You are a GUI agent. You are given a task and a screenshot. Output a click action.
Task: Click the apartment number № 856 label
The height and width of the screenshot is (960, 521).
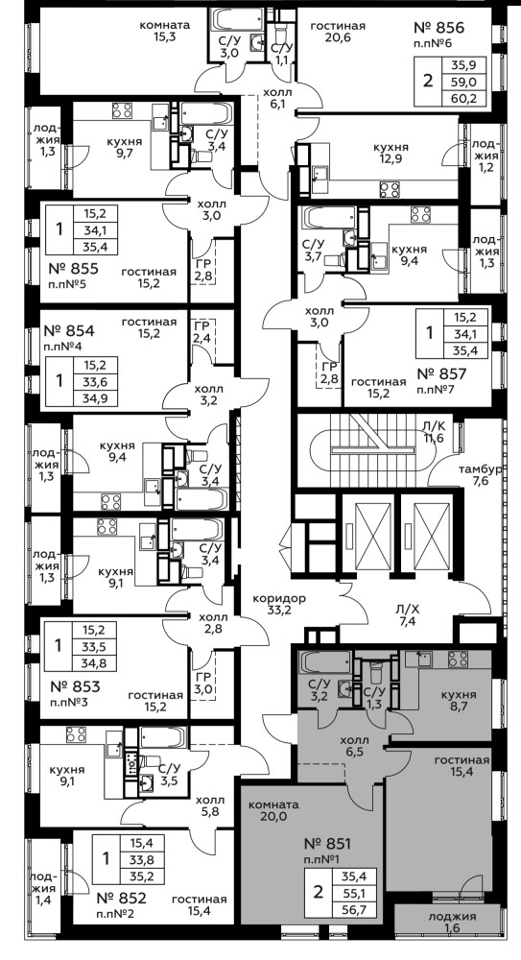[x=439, y=27]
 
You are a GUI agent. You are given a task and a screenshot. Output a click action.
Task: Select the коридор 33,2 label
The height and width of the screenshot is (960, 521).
[x=278, y=604]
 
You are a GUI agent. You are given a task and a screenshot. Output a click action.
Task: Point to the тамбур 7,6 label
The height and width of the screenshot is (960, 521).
[x=481, y=475]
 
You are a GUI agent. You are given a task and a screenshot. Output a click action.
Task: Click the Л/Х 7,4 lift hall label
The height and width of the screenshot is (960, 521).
[x=407, y=615]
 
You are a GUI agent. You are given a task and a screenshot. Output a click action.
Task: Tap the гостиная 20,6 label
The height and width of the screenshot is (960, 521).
[x=338, y=32]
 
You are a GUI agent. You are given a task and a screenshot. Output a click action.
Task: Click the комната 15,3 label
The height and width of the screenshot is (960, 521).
[x=164, y=32]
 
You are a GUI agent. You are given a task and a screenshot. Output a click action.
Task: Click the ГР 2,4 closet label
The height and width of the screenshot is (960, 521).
[x=202, y=331]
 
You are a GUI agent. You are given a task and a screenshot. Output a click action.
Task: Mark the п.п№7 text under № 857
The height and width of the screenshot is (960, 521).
[x=434, y=389]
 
